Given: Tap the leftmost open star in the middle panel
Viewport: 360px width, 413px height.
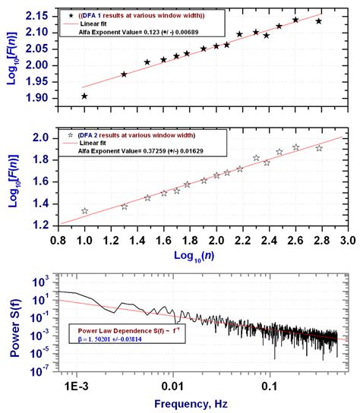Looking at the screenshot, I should coord(84,211).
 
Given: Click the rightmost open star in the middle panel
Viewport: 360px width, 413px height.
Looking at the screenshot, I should coord(319,148).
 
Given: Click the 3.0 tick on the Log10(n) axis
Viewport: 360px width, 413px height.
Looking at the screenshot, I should coord(347,240).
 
